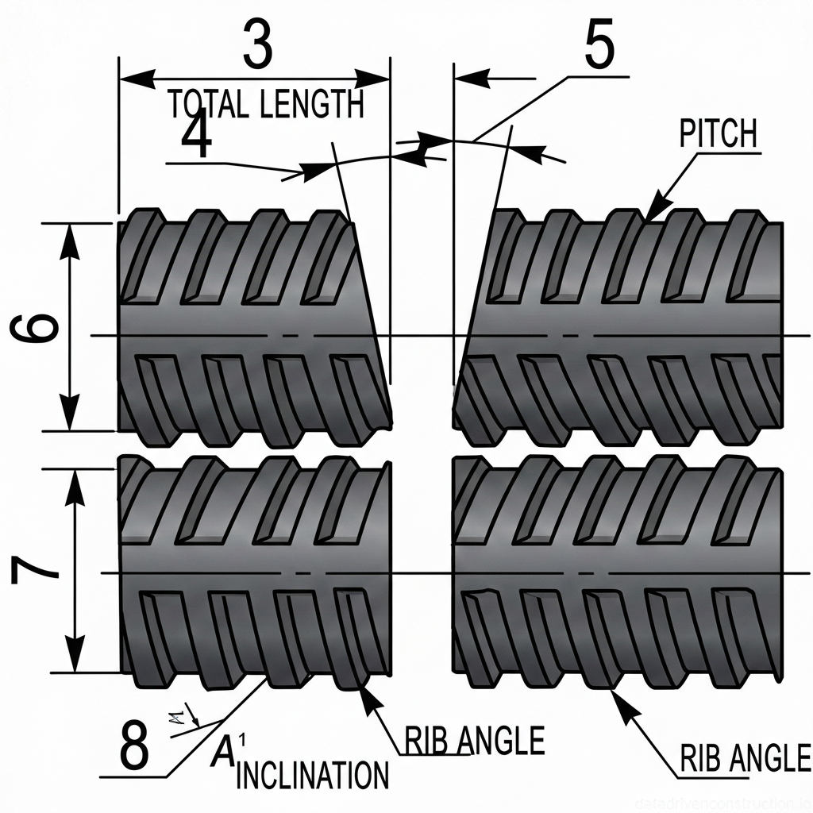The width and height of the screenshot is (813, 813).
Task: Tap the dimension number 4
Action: [x=196, y=138]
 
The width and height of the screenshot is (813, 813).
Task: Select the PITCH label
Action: [x=718, y=134]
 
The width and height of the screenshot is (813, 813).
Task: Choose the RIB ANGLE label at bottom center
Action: [x=474, y=741]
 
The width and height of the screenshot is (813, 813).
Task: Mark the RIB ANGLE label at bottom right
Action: [x=746, y=758]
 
